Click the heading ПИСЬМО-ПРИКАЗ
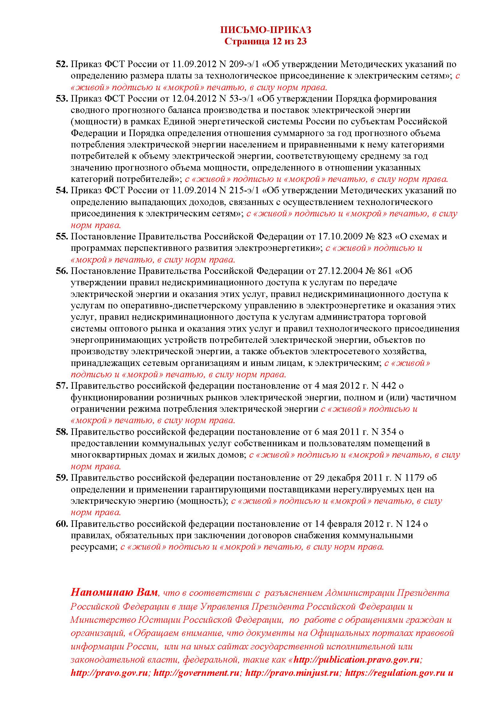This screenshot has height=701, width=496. point(265,30)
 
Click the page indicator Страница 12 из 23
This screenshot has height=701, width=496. point(265,41)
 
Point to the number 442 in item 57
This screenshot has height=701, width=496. point(387,386)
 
